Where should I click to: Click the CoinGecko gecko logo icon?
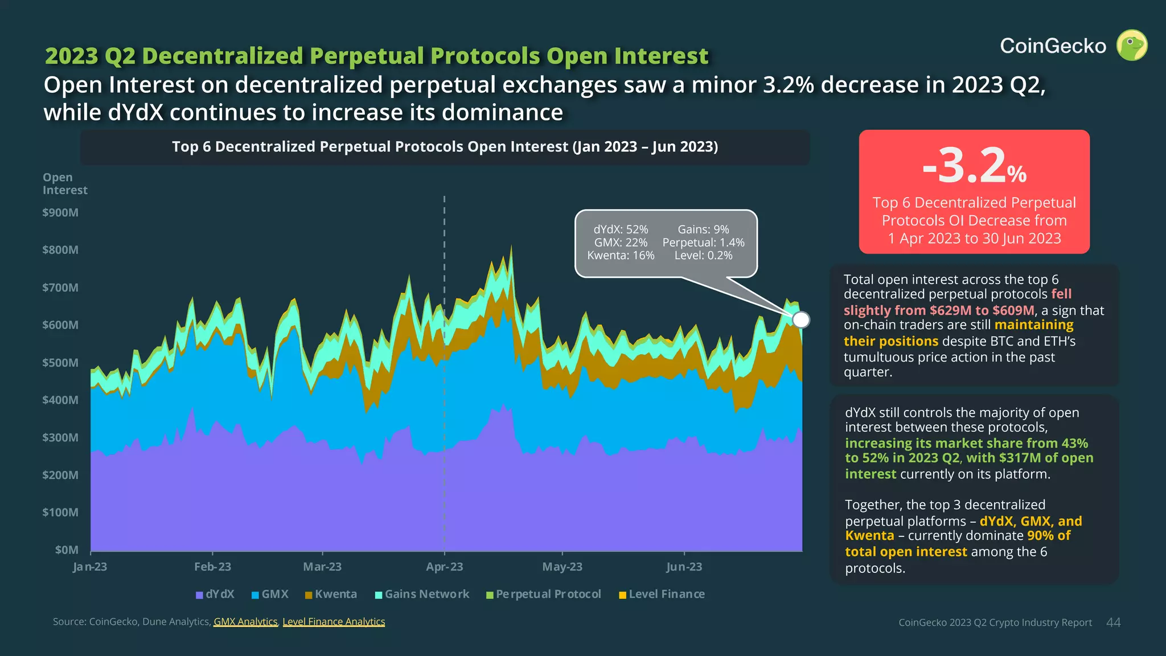(x=1131, y=45)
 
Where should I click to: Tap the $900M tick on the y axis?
(x=60, y=212)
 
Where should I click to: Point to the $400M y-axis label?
(x=60, y=400)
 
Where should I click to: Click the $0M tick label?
(x=67, y=550)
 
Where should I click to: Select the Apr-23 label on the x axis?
(x=444, y=567)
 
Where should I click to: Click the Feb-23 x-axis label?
(x=212, y=567)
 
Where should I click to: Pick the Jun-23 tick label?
(x=684, y=567)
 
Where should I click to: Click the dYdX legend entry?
(x=215, y=594)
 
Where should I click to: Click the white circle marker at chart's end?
(x=800, y=319)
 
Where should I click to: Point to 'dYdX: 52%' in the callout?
(x=621, y=229)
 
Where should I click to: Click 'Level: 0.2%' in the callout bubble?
(x=703, y=256)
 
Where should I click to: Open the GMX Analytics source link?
(x=245, y=622)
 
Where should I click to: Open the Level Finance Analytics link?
(x=334, y=622)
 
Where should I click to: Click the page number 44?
(x=1113, y=622)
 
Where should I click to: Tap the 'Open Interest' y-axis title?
(x=65, y=184)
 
